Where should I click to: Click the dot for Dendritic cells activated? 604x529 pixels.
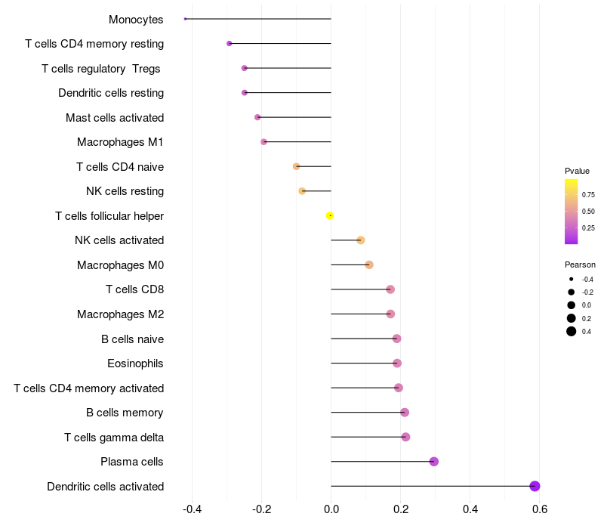tap(535, 486)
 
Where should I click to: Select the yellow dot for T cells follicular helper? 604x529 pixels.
tap(330, 215)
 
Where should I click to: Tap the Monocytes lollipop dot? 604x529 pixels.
tap(185, 19)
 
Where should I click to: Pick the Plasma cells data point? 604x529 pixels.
tap(433, 462)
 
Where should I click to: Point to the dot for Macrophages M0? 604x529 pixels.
tap(369, 265)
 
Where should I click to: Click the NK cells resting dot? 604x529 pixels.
tap(302, 191)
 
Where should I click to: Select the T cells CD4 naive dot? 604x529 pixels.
tap(296, 166)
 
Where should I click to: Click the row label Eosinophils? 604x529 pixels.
tap(135, 363)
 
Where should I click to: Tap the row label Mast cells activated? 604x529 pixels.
tap(115, 118)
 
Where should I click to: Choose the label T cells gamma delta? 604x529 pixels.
tap(114, 438)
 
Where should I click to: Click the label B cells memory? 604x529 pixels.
tap(125, 413)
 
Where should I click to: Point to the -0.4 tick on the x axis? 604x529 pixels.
tap(192, 509)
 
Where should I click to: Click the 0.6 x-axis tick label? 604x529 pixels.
tap(540, 509)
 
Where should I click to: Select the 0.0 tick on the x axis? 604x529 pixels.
tap(331, 509)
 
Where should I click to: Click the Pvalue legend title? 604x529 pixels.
tap(577, 171)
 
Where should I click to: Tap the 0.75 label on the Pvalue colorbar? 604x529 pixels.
tap(588, 195)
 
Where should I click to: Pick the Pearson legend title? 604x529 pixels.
tap(580, 264)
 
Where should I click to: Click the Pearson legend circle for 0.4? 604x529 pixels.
tap(572, 331)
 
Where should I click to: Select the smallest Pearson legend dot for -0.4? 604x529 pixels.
tap(572, 279)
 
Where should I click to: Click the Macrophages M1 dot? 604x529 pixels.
tap(263, 142)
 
